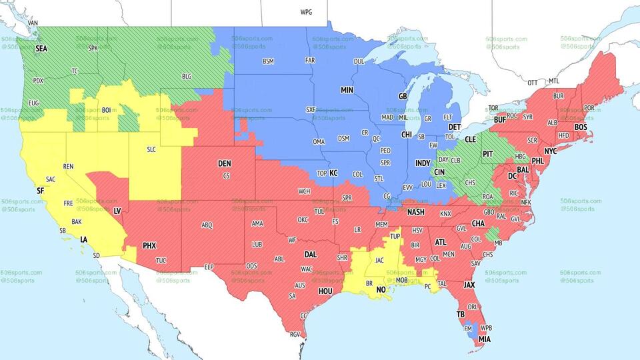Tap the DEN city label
tap(225, 163)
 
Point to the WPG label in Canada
tap(306, 12)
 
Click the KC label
tap(333, 173)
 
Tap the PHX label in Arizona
tap(149, 245)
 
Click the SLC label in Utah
tap(151, 149)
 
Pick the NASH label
tap(416, 212)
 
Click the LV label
tap(117, 211)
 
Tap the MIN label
tap(347, 90)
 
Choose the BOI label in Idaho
tap(106, 110)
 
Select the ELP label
tap(209, 267)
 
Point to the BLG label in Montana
tap(187, 77)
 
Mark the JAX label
tap(469, 285)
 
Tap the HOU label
tap(325, 291)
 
